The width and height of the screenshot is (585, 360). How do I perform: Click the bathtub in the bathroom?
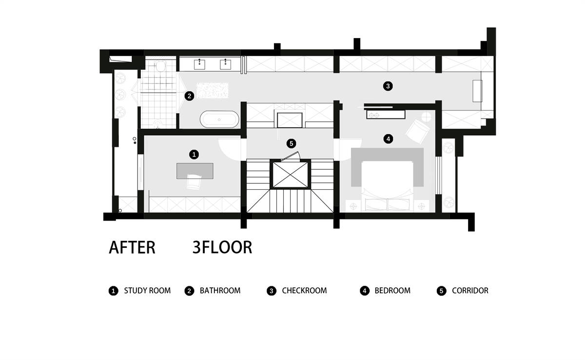click(x=219, y=120)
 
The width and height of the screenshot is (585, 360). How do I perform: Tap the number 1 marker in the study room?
click(x=194, y=155)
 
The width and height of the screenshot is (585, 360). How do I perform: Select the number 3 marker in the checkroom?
click(x=388, y=86)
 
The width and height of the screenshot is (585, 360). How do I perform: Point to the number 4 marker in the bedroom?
click(x=388, y=139)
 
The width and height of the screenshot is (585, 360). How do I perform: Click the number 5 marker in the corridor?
click(x=291, y=143)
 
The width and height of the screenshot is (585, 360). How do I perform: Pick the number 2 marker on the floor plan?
click(x=189, y=96)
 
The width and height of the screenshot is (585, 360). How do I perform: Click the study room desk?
click(x=195, y=171)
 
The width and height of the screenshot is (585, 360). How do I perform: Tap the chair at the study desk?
click(x=194, y=181)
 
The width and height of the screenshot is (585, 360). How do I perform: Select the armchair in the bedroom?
click(x=418, y=131)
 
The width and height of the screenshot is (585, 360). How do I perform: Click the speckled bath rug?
click(x=213, y=90)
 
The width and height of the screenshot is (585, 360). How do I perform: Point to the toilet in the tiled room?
click(x=160, y=66)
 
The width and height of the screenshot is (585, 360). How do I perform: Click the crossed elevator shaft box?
click(x=290, y=174)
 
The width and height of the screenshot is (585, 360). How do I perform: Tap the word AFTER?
click(x=132, y=247)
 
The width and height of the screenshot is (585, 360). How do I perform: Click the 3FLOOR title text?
click(x=222, y=247)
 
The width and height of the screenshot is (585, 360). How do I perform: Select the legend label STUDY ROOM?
click(x=147, y=291)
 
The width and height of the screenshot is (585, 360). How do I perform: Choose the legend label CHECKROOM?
click(x=304, y=291)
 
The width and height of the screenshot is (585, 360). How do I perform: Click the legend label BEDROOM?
click(x=392, y=291)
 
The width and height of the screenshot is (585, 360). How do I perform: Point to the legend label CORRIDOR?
click(x=470, y=291)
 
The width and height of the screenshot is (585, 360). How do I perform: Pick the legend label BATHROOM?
click(x=220, y=291)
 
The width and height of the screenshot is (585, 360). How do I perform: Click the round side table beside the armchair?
click(x=426, y=117)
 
